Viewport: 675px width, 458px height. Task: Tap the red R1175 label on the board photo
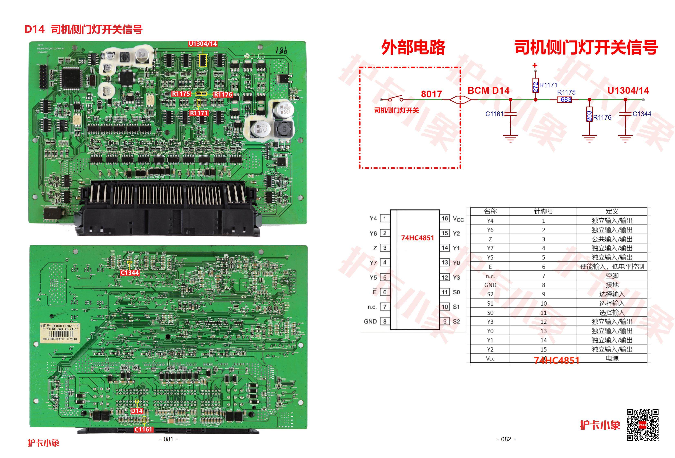181,94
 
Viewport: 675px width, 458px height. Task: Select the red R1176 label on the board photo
223,94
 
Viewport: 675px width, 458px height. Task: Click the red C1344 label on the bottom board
130,272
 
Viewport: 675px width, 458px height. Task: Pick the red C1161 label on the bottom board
143,429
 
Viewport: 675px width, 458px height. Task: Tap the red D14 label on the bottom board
137,411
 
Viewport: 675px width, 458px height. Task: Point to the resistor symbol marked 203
589,114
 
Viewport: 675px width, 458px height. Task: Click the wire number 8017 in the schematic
431,94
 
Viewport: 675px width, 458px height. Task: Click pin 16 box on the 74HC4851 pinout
445,218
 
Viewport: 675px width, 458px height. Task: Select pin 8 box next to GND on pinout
385,321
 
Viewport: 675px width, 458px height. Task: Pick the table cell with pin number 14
543,340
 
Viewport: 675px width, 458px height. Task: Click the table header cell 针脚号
543,211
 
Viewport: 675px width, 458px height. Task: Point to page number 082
506,439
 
